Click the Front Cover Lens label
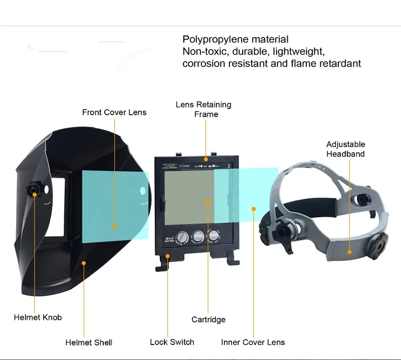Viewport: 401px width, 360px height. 114,112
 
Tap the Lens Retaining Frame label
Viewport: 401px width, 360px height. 204,109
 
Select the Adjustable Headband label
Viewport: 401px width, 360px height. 345,149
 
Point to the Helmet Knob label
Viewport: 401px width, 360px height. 38,317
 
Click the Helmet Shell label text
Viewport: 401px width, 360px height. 89,342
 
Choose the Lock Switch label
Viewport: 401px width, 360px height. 172,342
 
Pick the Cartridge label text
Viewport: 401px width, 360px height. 209,319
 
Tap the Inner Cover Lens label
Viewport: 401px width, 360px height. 253,342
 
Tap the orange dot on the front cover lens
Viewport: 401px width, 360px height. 115,227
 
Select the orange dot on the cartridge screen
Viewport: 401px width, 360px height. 208,201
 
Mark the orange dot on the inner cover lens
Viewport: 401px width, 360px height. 254,209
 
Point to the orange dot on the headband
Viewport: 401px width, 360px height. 350,252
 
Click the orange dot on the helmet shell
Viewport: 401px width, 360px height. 83,262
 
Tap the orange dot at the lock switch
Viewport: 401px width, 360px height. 168,256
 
